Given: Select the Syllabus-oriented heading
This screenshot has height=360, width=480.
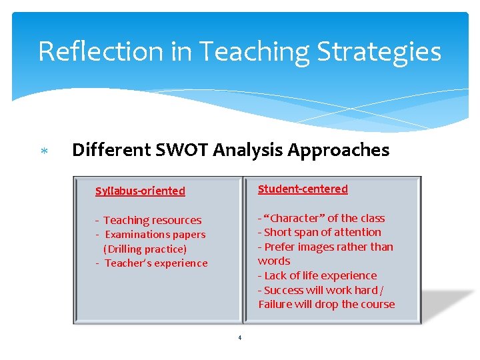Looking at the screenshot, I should [140, 191].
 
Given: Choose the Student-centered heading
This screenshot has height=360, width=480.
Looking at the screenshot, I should [303, 189].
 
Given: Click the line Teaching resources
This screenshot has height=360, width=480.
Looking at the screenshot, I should [152, 220].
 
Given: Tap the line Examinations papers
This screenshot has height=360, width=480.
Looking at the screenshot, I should [155, 235].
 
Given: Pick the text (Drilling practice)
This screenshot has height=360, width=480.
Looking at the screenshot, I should [145, 249].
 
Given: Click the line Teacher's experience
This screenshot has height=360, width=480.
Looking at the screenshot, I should [156, 263].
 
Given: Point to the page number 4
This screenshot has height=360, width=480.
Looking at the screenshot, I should [240, 337].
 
